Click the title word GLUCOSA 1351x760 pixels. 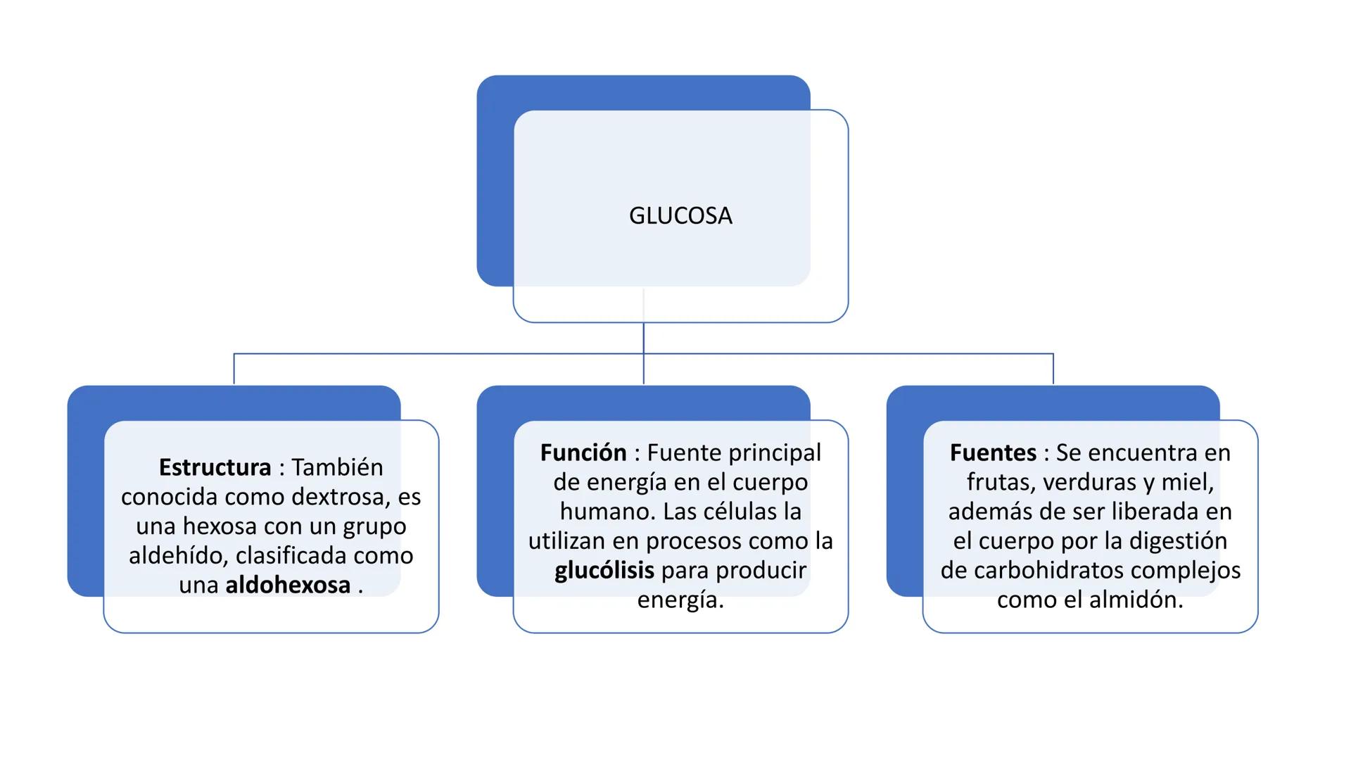click(680, 215)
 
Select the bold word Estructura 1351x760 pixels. click(215, 467)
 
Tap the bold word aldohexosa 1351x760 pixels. click(288, 585)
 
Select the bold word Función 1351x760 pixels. click(583, 452)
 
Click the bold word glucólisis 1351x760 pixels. click(604, 570)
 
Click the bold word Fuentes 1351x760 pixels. click(993, 452)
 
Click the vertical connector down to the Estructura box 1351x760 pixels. click(234, 369)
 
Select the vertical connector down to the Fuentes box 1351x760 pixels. click(1053, 369)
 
